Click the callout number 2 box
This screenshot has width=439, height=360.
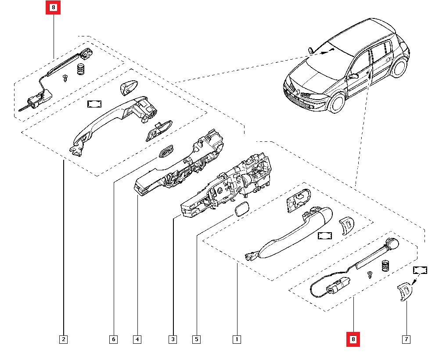pyautogui.click(x=64, y=339)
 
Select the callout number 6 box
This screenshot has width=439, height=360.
pyautogui.click(x=113, y=339)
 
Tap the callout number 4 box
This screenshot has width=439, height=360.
pyautogui.click(x=137, y=339)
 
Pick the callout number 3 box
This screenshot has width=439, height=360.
pyautogui.click(x=173, y=339)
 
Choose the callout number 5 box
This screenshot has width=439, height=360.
pyautogui.click(x=197, y=339)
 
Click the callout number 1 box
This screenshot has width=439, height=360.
pyautogui.click(x=237, y=339)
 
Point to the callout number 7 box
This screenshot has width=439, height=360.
pyautogui.click(x=406, y=339)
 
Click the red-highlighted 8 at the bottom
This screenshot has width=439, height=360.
pyautogui.click(x=353, y=339)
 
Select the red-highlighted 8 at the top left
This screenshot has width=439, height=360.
pyautogui.click(x=53, y=7)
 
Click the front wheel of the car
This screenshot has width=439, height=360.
pyautogui.click(x=337, y=103)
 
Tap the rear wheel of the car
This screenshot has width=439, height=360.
pyautogui.click(x=399, y=68)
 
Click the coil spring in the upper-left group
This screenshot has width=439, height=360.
pyautogui.click(x=81, y=69)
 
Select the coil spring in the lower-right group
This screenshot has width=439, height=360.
pyautogui.click(x=386, y=266)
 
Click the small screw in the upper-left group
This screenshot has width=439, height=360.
pyautogui.click(x=65, y=78)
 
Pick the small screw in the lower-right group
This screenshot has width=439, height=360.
pyautogui.click(x=370, y=275)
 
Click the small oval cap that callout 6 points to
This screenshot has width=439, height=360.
pyautogui.click(x=166, y=151)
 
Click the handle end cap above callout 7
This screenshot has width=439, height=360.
pyautogui.click(x=405, y=291)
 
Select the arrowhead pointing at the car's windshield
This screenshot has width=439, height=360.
pyautogui.click(x=332, y=50)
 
